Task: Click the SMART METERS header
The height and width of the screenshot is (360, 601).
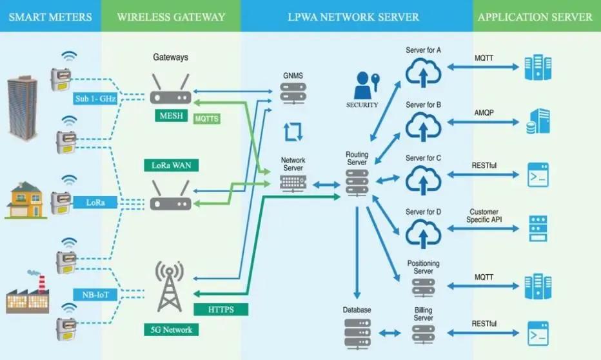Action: click(50, 17)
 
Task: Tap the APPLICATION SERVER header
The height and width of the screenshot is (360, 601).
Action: click(535, 17)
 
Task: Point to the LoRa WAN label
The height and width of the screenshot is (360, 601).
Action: click(171, 165)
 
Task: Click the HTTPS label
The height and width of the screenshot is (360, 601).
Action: click(220, 309)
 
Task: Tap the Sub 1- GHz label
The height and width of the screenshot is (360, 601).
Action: click(94, 98)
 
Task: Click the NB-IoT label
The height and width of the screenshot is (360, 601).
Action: click(95, 295)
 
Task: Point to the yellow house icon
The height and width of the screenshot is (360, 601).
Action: click(26, 201)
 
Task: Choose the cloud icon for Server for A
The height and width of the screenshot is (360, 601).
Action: click(423, 72)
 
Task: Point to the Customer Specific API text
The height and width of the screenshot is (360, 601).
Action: click(484, 216)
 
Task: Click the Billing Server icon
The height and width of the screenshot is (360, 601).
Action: click(423, 334)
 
